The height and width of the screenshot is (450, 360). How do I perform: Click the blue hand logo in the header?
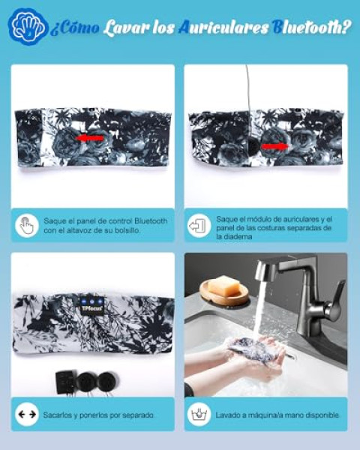(28, 27)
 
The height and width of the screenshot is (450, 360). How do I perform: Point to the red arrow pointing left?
(90, 138)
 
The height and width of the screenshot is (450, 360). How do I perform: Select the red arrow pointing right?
(275, 146)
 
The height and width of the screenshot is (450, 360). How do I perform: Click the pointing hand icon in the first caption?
(27, 226)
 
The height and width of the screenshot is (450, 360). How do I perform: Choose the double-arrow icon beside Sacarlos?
(27, 414)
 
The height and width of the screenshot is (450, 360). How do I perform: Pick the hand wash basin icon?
(199, 414)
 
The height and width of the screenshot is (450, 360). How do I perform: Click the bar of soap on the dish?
(224, 286)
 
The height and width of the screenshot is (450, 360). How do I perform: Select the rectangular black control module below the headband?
(66, 382)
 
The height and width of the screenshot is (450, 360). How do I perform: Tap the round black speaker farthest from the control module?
(106, 382)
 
